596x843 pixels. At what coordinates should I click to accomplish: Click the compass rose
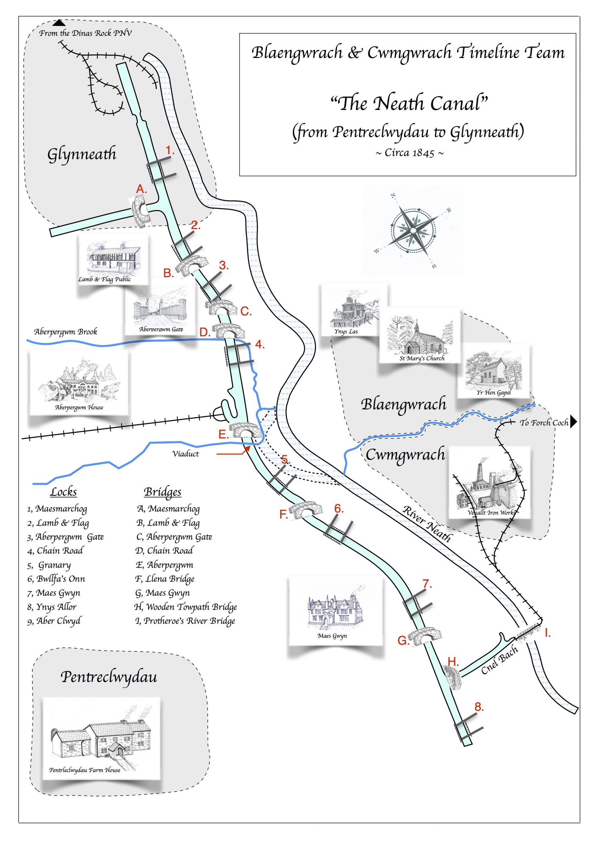[x=413, y=231]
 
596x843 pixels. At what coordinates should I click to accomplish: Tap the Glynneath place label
[x=82, y=154]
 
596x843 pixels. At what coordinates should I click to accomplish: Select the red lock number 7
[x=427, y=584]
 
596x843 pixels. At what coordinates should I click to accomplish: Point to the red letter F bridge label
[x=283, y=514]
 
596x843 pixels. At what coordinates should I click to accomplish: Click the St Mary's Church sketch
[x=420, y=335]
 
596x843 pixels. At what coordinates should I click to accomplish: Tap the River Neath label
[x=427, y=524]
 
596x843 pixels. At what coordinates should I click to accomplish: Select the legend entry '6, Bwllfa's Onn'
[x=56, y=579]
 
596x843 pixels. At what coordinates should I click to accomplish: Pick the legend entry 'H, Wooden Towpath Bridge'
[x=185, y=607]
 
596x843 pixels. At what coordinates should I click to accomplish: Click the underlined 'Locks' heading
[x=64, y=492]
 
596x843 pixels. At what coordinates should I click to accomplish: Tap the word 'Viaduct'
[x=185, y=454]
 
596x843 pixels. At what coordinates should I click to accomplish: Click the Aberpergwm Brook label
[x=66, y=332]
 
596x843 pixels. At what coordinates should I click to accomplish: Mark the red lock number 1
[x=170, y=150]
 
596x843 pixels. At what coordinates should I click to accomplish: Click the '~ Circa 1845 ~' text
[x=409, y=153]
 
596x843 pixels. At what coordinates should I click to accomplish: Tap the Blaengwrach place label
[x=404, y=404]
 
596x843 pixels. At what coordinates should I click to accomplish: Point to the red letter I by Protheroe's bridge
[x=548, y=632]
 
